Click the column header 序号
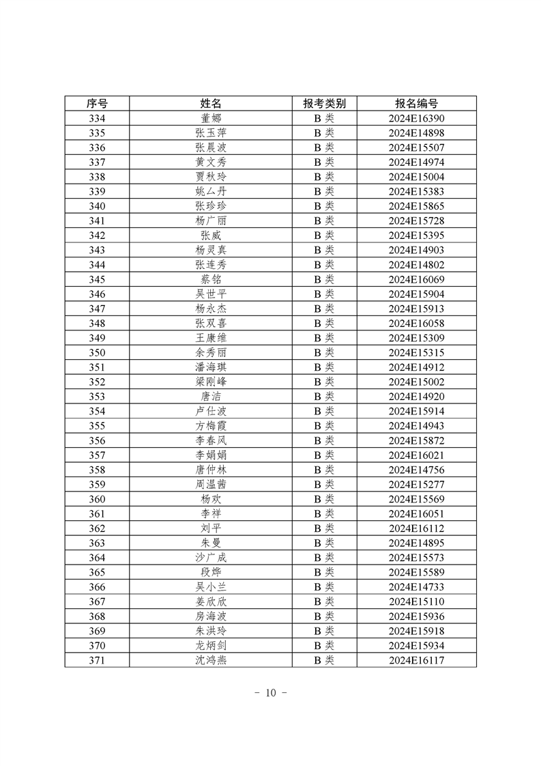coord(97,104)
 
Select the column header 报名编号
coord(416,104)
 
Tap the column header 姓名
coord(211,104)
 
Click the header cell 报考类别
coord(324,104)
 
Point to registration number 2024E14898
coord(416,133)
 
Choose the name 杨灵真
coord(211,250)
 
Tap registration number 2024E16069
coord(416,279)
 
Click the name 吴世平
coord(211,294)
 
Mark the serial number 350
coord(97,352)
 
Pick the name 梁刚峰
coord(211,382)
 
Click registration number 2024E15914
coord(416,411)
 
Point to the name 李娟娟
coord(211,455)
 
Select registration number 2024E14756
coord(416,470)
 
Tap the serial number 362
coord(97,528)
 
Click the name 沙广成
coord(211,557)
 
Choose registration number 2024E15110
coord(416,601)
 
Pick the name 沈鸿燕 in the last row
coord(211,659)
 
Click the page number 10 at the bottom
coord(270,693)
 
